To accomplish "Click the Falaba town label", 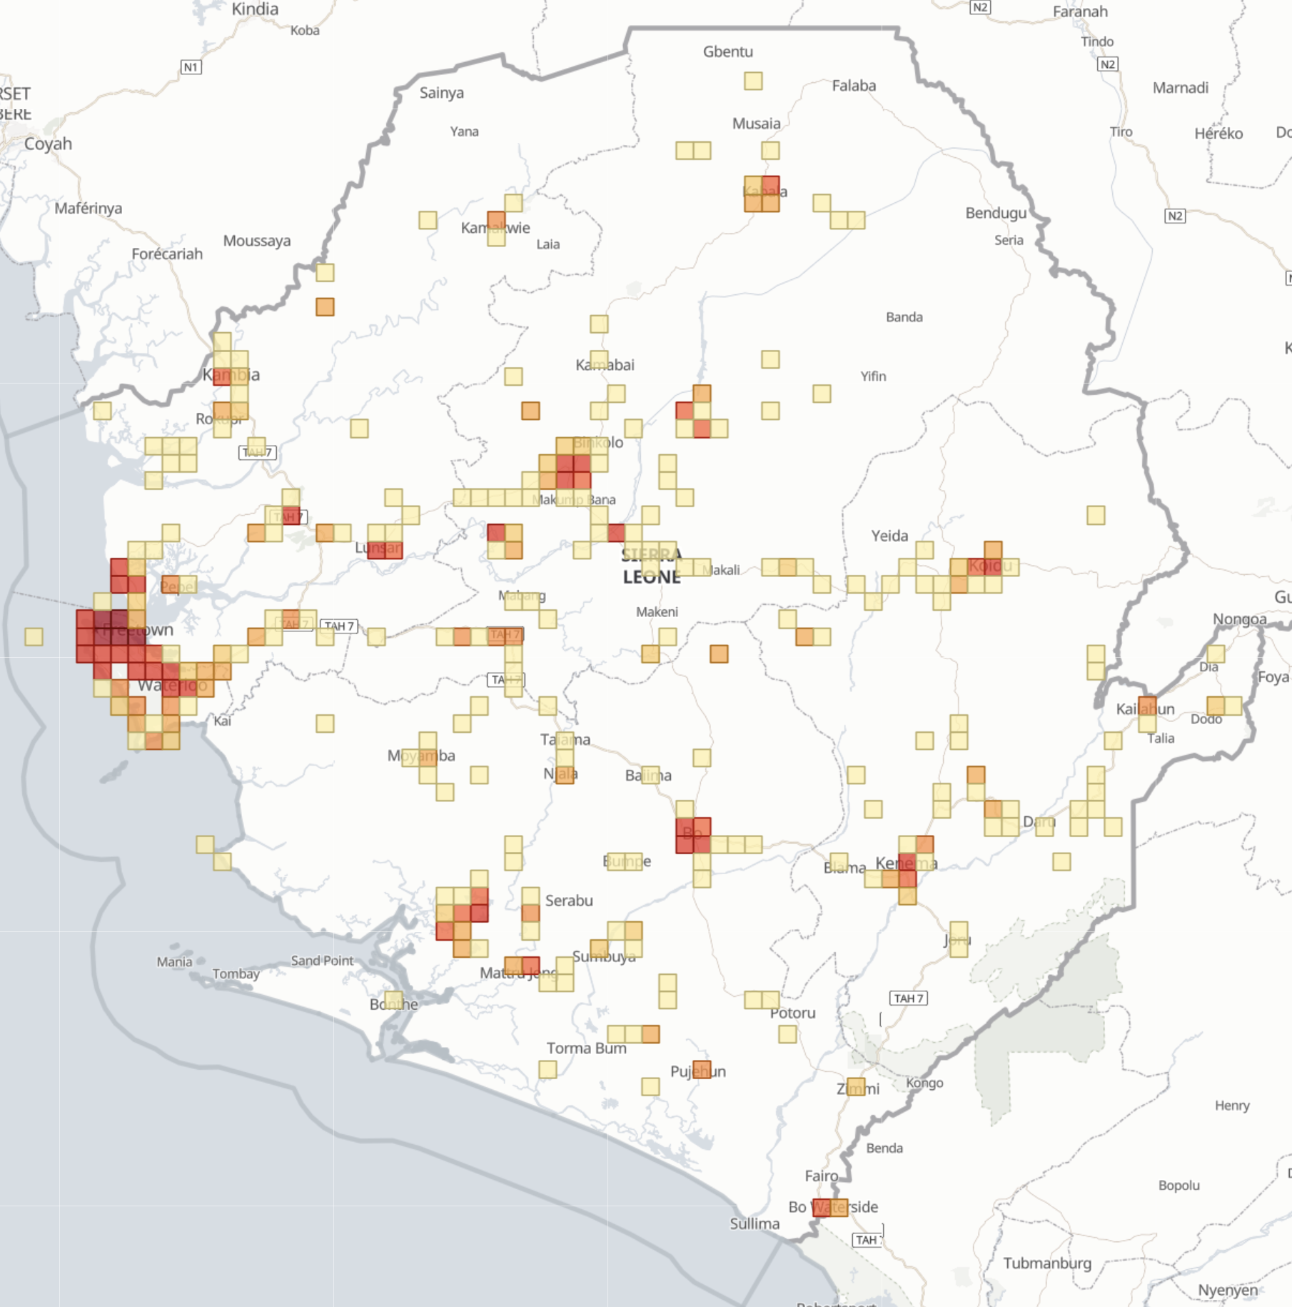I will [854, 86].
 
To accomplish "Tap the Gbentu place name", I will [727, 51].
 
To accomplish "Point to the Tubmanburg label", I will [1047, 1263].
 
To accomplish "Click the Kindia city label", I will [255, 9].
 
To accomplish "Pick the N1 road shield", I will [191, 67].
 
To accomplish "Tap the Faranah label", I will [1080, 11].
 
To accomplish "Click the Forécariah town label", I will [167, 254].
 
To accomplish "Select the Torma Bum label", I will [586, 1048].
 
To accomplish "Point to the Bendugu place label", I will [996, 213].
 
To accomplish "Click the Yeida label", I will [889, 536].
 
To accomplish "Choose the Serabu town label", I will [569, 901].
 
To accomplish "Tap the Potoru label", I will [792, 1013].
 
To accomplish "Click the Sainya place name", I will [441, 93].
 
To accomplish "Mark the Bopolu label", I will [1179, 1185].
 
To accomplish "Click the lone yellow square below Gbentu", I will [753, 81].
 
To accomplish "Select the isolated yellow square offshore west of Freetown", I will [34, 636].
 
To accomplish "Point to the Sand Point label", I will [322, 961].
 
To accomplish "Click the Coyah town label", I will [48, 144].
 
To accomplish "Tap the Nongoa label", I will [1240, 619].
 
